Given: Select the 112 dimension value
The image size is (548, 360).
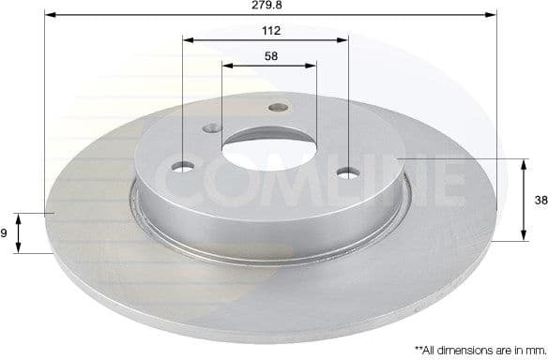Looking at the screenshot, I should tap(271, 30).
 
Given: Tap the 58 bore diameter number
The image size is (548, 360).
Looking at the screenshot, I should tap(271, 56).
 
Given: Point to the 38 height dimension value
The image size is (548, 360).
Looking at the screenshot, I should tap(539, 200).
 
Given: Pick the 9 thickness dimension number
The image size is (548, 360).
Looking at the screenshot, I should tap(5, 233).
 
